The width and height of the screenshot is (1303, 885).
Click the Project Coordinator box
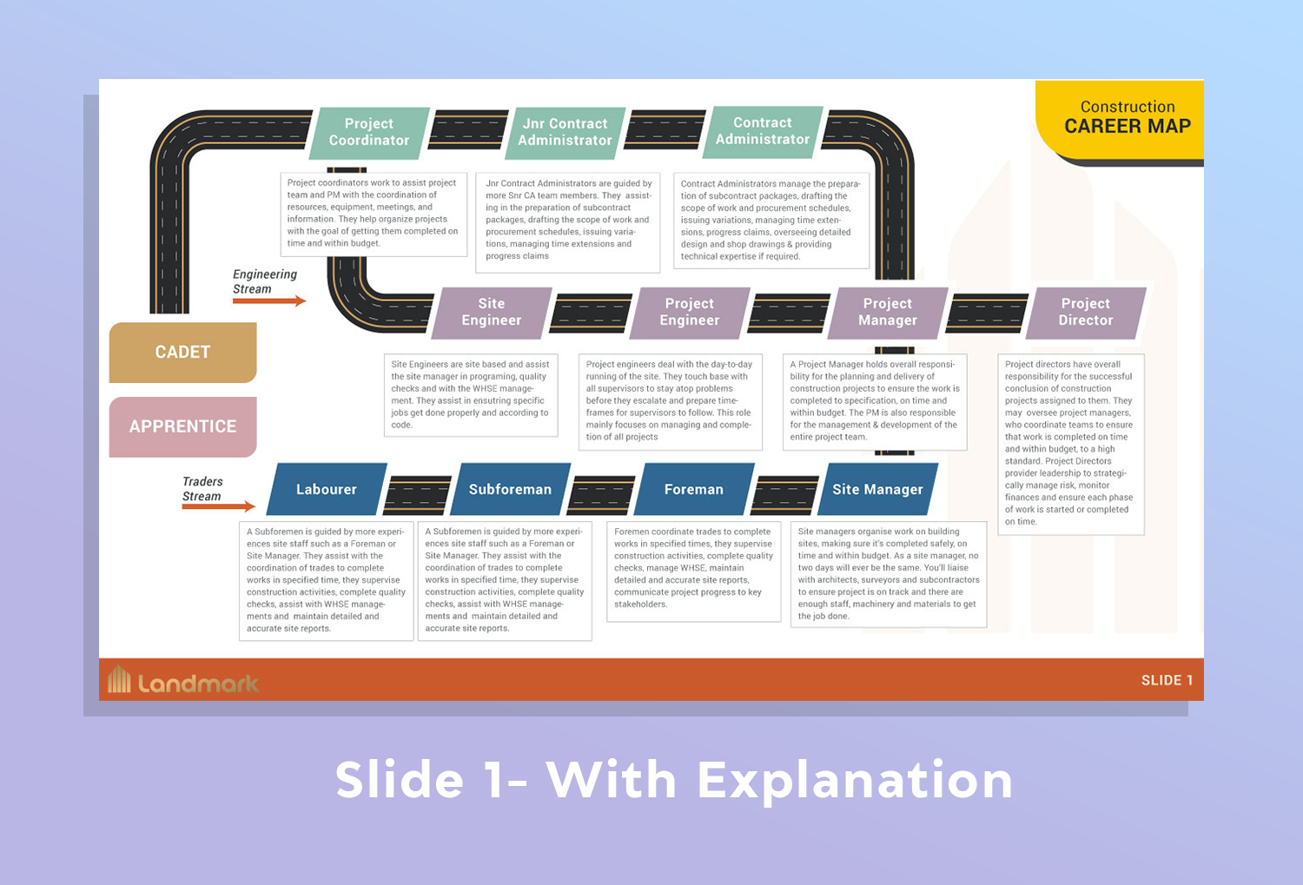pos(369,132)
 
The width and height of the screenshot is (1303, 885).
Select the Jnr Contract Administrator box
pos(566,132)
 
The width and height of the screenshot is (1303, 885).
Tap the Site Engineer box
pos(492,312)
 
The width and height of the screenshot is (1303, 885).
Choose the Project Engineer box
pos(690,312)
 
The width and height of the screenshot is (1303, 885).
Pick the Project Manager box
pos(888,312)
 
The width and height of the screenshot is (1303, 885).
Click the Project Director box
pos(1086,312)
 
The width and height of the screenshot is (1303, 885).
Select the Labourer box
pos(327,489)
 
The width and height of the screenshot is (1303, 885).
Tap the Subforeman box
pos(510,489)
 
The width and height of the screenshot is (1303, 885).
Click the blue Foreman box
pos(694,489)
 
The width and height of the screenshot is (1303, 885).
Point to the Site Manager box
pos(877,489)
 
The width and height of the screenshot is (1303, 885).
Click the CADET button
pos(182,352)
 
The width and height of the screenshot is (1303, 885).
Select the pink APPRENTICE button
pos(182,426)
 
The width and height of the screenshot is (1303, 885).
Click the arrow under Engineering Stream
pos(269,301)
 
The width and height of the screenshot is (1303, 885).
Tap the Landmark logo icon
pos(119,680)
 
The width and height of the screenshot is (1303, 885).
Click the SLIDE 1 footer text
pos(1167,680)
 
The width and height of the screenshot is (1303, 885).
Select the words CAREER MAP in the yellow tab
pos(1128,127)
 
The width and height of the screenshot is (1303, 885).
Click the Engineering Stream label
pos(264,281)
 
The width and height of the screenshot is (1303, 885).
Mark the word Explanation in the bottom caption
pos(855,779)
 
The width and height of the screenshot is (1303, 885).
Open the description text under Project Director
pos(1070,443)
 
